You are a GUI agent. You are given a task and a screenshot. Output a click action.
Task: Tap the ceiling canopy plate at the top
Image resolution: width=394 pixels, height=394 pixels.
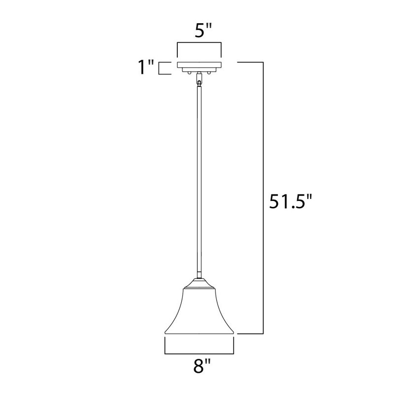[x=199, y=65]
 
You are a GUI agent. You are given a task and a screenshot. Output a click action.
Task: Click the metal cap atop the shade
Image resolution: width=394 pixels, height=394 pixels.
[x=199, y=285]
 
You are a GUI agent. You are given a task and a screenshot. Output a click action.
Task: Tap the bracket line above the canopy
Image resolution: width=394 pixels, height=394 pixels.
[x=199, y=44]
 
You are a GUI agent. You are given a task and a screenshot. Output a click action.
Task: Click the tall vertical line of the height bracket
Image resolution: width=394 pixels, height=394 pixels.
[x=265, y=197]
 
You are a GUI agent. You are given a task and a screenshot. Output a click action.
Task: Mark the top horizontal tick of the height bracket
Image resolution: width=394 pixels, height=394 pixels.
[x=251, y=62]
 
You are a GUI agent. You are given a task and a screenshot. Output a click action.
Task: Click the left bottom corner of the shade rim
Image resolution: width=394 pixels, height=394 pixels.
[x=165, y=334]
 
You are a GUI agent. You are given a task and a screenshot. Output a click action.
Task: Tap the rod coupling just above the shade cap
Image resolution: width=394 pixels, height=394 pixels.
[x=199, y=277]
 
